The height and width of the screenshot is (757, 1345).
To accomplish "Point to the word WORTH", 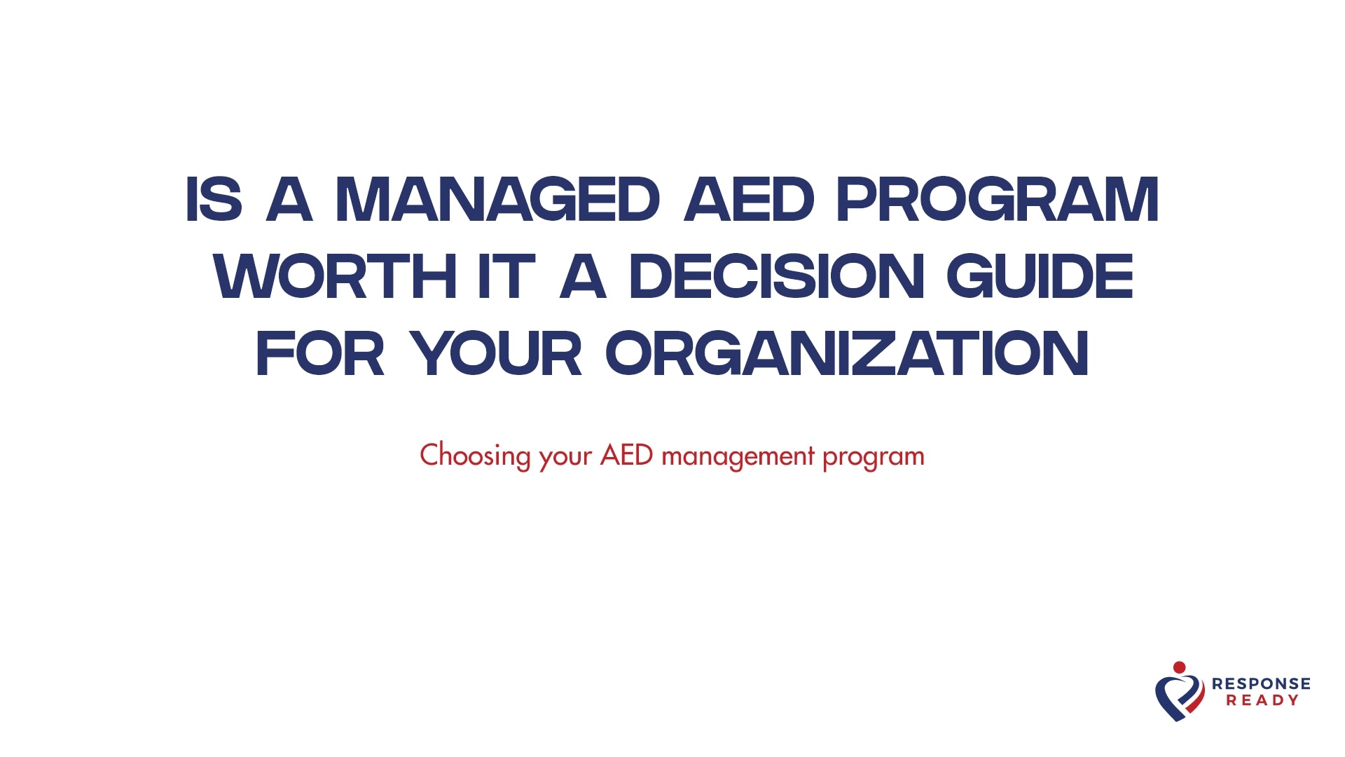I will [336, 277].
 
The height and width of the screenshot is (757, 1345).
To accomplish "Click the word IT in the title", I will [506, 277].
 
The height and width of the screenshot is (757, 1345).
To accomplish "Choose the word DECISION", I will [777, 277].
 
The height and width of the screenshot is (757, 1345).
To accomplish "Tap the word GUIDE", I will [1040, 277].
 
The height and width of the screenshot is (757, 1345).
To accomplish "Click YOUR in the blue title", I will [496, 354].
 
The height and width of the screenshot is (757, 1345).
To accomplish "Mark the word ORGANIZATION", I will [847, 354].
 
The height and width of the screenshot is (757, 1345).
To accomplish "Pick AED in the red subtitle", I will [626, 456].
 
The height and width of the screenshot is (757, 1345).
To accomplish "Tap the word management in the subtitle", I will [738, 456].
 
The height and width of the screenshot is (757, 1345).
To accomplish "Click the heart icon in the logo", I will [1180, 697].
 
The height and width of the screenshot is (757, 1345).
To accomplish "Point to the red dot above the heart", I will [1180, 667].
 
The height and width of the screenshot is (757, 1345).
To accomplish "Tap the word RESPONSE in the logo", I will [1261, 683].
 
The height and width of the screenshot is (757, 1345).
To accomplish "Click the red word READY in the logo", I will [1262, 700].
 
